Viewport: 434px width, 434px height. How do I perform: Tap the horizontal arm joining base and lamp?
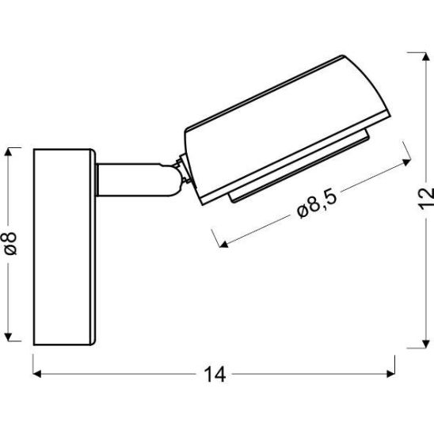pyautogui.click(x=131, y=180)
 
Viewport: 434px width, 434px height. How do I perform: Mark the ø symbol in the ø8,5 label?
pyautogui.click(x=302, y=211)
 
